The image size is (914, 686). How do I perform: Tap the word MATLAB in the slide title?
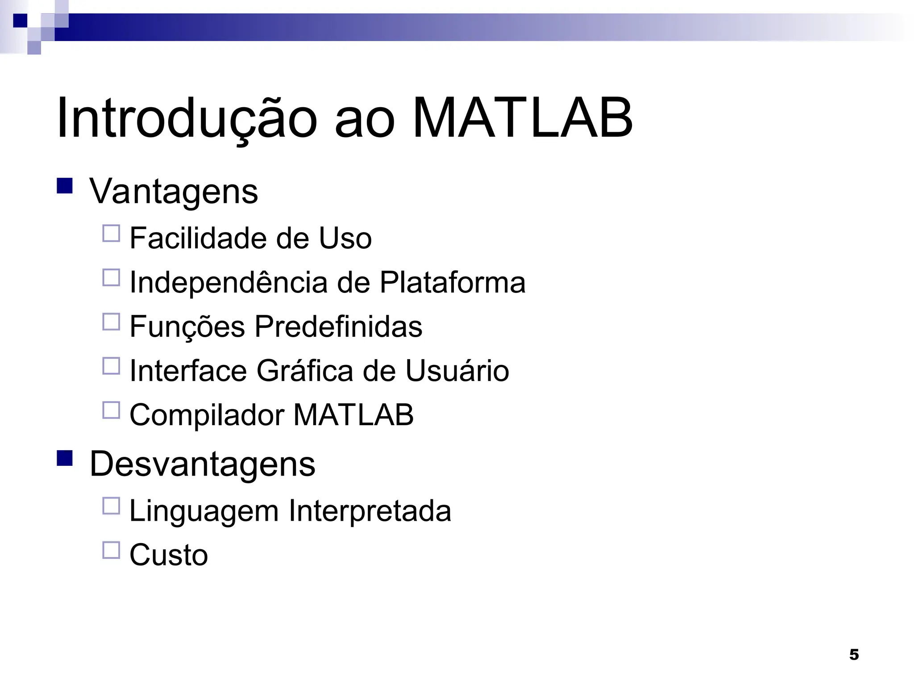point(522,118)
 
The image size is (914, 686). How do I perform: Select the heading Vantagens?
point(174,192)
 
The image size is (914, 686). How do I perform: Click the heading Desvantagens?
point(202,464)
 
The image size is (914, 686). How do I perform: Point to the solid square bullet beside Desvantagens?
point(65,458)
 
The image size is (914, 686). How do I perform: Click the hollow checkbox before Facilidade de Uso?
point(111,233)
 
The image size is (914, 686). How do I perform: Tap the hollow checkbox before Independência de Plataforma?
point(111,277)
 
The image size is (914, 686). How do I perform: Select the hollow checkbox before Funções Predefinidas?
point(111,322)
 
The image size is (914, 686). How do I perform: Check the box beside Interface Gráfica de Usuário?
point(111,366)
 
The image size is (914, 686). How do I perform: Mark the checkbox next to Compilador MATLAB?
point(111,410)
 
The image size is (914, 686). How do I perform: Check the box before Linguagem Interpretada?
point(111,506)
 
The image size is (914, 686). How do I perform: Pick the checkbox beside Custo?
point(111,550)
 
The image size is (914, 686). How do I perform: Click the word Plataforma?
point(453,283)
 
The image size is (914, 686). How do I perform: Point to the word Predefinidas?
point(338,327)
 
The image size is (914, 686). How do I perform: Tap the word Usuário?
point(457,371)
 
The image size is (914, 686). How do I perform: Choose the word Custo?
point(169,555)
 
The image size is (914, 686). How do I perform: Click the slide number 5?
point(854,655)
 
